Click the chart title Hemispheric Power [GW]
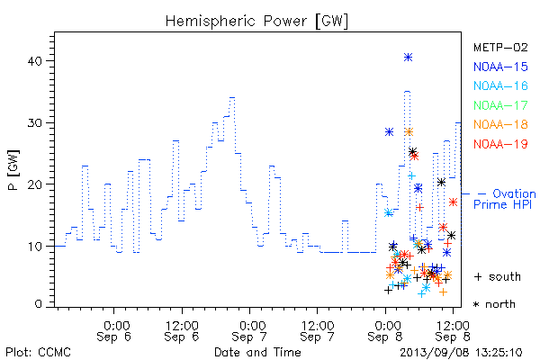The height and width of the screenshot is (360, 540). (x=256, y=22)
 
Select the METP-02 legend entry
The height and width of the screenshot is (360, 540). (x=500, y=47)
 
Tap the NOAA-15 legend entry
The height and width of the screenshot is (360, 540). (x=500, y=67)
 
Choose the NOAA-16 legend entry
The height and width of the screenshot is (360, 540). (x=500, y=85)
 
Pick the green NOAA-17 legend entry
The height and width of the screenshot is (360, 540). (x=500, y=105)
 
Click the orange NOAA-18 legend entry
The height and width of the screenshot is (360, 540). (x=500, y=124)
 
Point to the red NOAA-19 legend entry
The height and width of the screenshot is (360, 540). (x=500, y=144)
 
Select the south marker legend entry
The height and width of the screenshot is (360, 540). (x=498, y=276)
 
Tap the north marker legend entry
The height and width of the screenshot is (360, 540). (x=494, y=304)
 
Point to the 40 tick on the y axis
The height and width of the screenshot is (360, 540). (x=34, y=61)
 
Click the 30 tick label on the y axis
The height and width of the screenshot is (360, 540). (x=34, y=123)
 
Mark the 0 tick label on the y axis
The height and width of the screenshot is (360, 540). (x=38, y=304)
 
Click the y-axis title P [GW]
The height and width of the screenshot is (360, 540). (x=13, y=170)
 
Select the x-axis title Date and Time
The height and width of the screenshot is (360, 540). (x=257, y=352)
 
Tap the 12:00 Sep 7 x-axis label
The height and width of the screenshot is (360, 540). (x=317, y=331)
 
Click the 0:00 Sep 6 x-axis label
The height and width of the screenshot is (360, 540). (x=114, y=331)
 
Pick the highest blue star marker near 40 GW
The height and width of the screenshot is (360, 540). (x=408, y=58)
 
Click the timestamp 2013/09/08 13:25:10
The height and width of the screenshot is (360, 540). (x=461, y=353)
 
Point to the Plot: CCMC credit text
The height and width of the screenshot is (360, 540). (x=38, y=353)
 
